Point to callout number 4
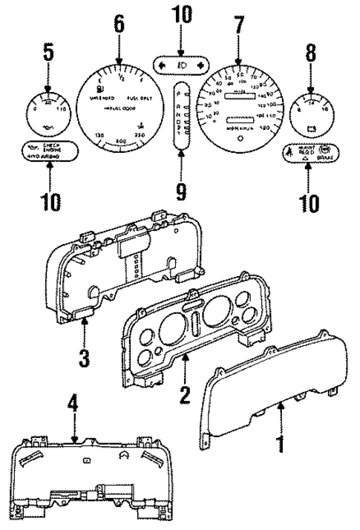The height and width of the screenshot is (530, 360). (72, 408)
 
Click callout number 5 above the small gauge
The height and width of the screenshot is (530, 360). (48, 53)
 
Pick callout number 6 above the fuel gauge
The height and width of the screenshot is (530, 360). (119, 25)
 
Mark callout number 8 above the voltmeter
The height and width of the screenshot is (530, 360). (310, 53)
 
